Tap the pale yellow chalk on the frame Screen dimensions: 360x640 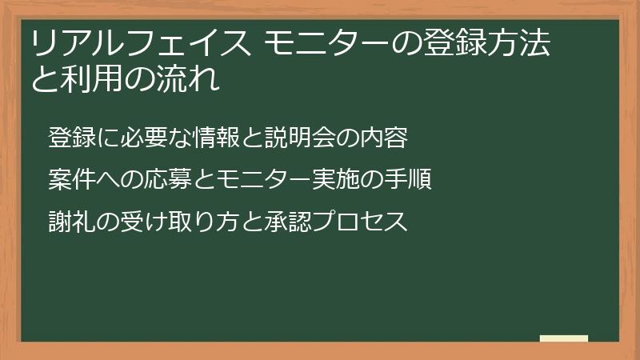(x=564, y=339)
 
